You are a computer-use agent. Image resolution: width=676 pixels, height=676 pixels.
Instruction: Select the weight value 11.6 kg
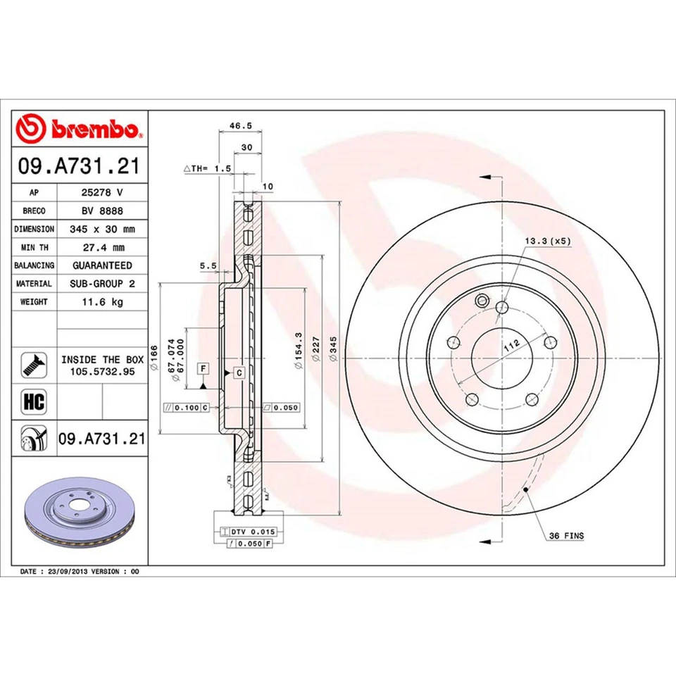[102, 302]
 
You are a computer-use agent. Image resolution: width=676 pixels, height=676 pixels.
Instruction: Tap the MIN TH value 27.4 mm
[102, 247]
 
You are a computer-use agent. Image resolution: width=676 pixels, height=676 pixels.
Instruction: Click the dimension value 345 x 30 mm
[102, 229]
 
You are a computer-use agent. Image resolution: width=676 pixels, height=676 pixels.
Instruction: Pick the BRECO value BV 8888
[102, 211]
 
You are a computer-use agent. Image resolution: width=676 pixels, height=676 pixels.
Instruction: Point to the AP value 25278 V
[102, 192]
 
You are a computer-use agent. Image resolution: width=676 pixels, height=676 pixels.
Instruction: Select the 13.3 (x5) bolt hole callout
[547, 242]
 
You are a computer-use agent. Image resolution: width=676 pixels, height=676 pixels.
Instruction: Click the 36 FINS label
[566, 536]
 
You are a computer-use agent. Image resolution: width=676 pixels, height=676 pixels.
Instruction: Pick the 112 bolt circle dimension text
[511, 344]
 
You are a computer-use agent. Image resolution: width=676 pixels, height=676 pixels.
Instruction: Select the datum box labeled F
[203, 368]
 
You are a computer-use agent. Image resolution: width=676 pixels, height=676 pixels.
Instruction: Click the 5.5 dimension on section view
[207, 266]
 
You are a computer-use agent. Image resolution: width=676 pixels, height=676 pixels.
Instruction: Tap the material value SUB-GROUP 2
[102, 284]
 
